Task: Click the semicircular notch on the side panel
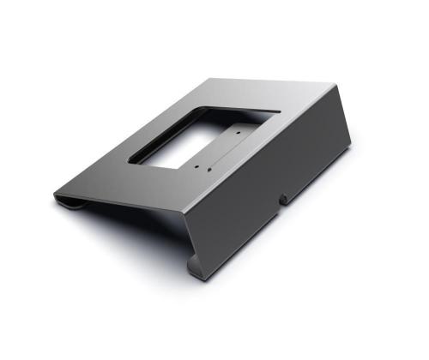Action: click(x=282, y=200)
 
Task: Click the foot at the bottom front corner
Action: click(x=196, y=273)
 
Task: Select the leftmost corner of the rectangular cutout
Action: click(x=129, y=159)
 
